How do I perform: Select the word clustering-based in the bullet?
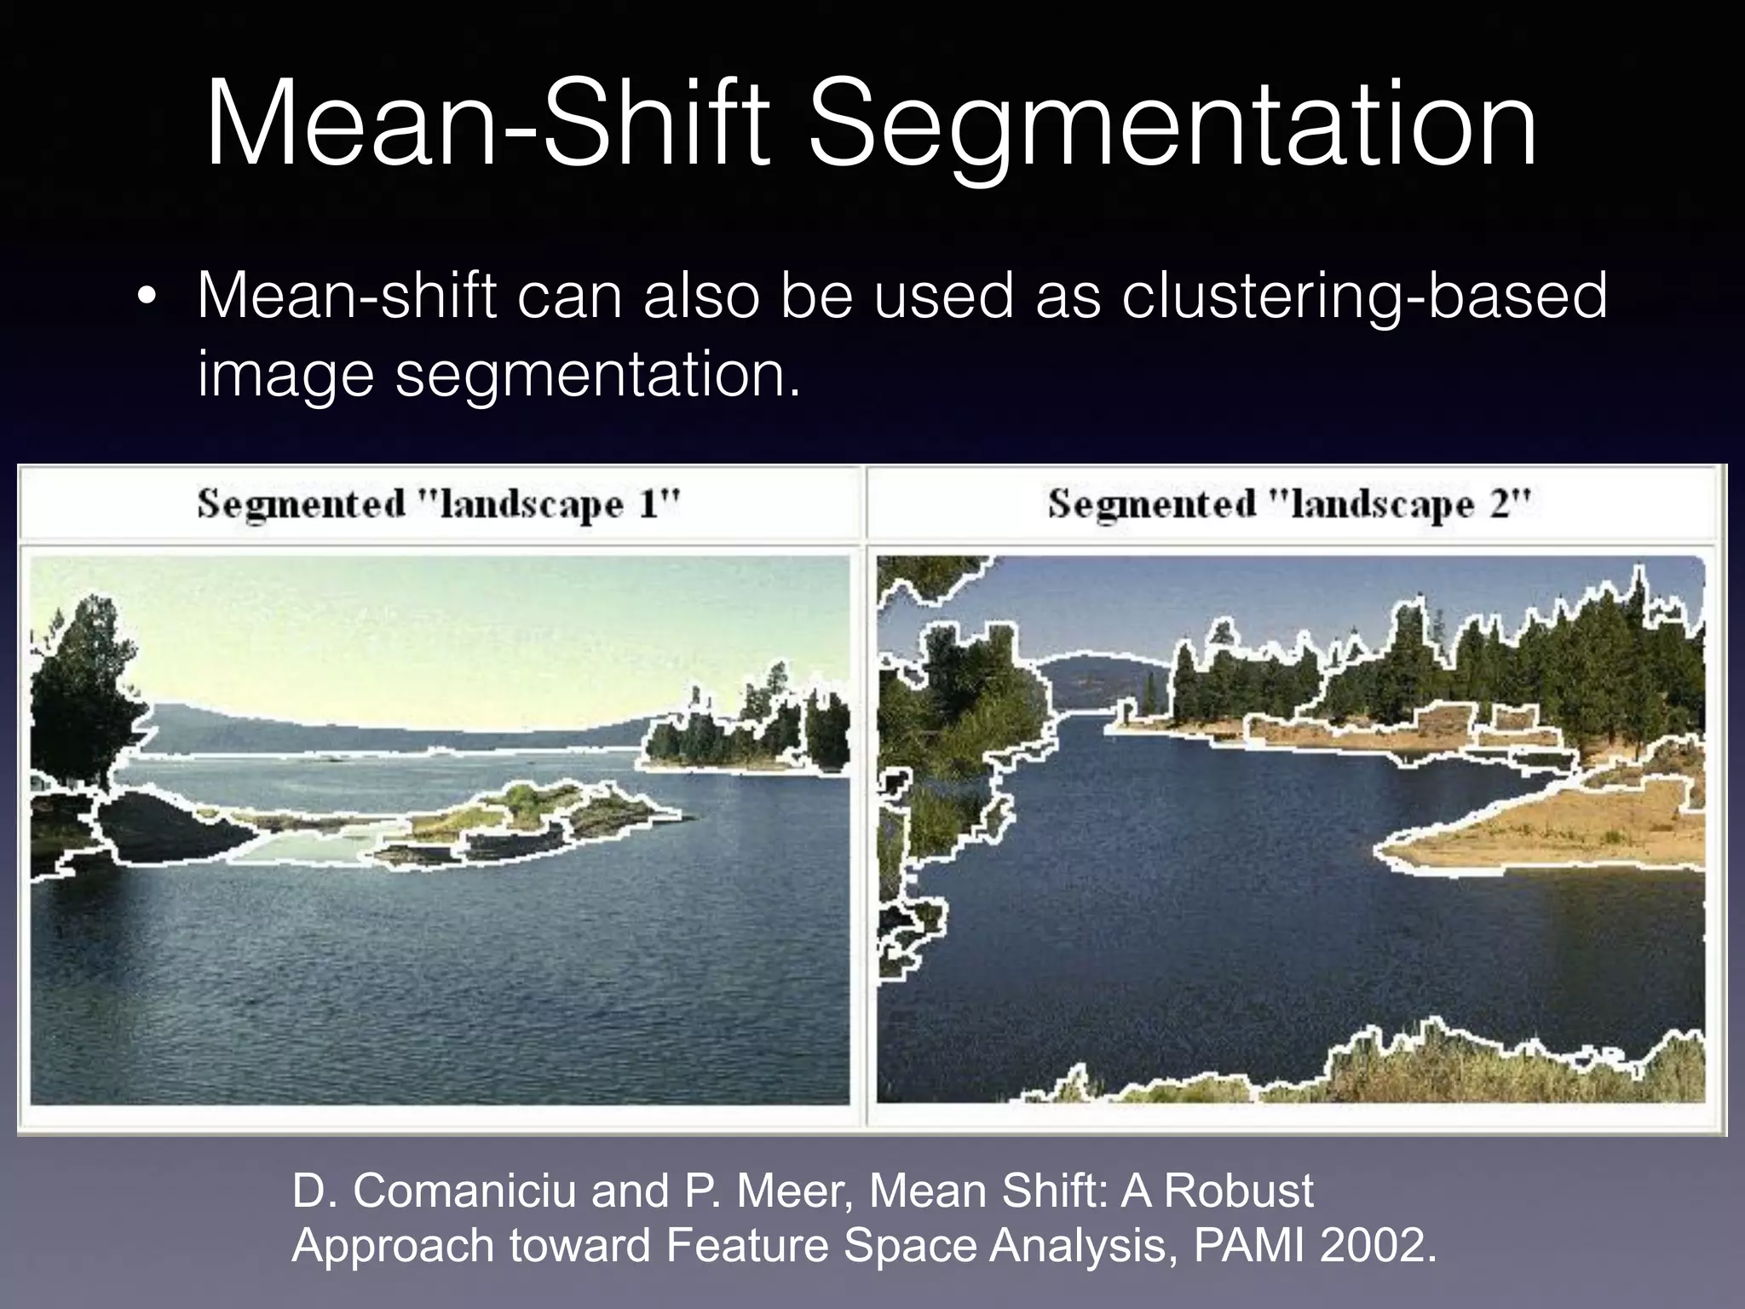tap(1363, 297)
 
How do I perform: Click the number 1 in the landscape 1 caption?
tap(649, 504)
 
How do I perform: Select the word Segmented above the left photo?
tap(301, 504)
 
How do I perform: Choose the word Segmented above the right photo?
tap(1151, 504)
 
